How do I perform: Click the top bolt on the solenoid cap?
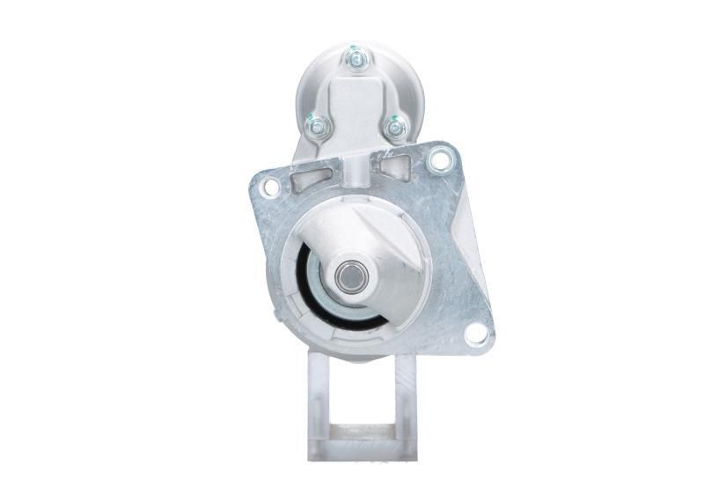click(x=356, y=58)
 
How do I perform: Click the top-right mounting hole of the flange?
click(x=437, y=160)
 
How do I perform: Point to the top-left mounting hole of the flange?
click(x=271, y=187)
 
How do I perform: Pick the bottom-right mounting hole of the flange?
click(x=475, y=333)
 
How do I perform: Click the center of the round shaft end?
click(x=349, y=276)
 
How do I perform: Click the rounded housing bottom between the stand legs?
click(x=361, y=352)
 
